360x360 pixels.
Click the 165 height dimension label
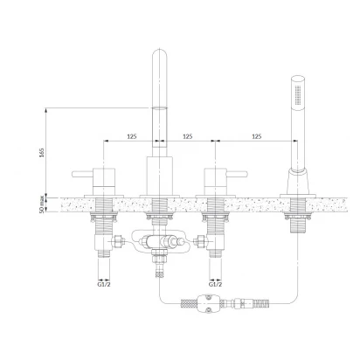42,153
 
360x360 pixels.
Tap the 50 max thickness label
42,204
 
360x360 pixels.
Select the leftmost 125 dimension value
132,136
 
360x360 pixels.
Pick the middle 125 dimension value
187,136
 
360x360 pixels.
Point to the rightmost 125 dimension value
257,136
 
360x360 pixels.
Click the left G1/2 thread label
104,284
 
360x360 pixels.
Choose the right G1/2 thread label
215,284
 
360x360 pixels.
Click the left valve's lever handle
82,174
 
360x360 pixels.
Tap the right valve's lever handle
237,174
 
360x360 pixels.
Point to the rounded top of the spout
160,54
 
